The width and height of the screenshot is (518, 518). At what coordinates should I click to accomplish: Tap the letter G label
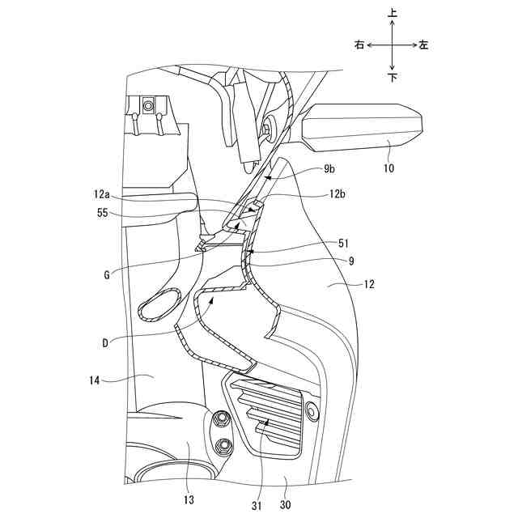tap(108, 275)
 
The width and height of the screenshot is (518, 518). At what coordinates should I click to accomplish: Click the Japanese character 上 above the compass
tap(393, 14)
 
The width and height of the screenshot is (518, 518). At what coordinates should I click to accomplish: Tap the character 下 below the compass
tap(393, 78)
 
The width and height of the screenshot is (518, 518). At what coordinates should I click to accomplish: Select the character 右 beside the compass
tap(359, 45)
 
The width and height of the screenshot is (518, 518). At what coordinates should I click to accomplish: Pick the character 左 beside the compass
tap(424, 45)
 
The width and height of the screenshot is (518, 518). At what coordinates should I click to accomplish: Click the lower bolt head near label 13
tap(223, 444)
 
